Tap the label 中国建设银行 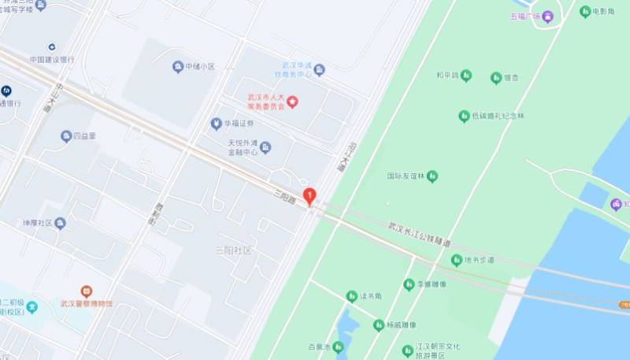point(52,59)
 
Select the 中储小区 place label point(200,67)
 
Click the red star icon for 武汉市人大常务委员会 point(291,101)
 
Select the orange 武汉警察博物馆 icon point(86,291)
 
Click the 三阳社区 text point(233,250)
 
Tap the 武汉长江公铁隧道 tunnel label point(419,233)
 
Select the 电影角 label point(603,11)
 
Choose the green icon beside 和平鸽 point(466,76)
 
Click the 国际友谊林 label point(406,176)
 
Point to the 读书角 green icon point(352,296)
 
